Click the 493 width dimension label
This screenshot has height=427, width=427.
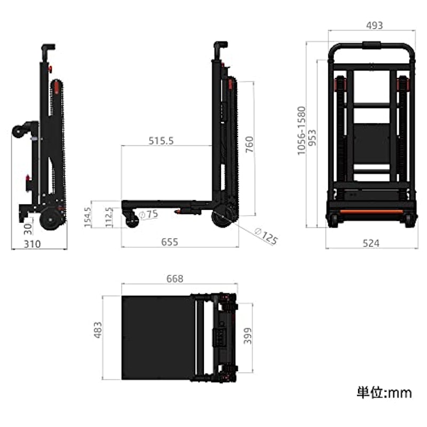tap(375, 25)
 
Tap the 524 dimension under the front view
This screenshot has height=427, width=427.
tap(371, 243)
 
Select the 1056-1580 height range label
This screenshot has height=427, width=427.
tap(302, 131)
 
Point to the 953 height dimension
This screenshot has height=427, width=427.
tap(313, 138)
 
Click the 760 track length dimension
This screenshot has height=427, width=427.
tap(249, 145)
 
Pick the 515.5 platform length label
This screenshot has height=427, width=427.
tap(161, 141)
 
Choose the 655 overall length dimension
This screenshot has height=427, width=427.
tap(170, 242)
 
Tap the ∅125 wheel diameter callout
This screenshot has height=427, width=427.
tap(266, 236)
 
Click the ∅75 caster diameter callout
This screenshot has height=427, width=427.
tap(148, 215)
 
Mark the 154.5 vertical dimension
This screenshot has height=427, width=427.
tap(88, 217)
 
